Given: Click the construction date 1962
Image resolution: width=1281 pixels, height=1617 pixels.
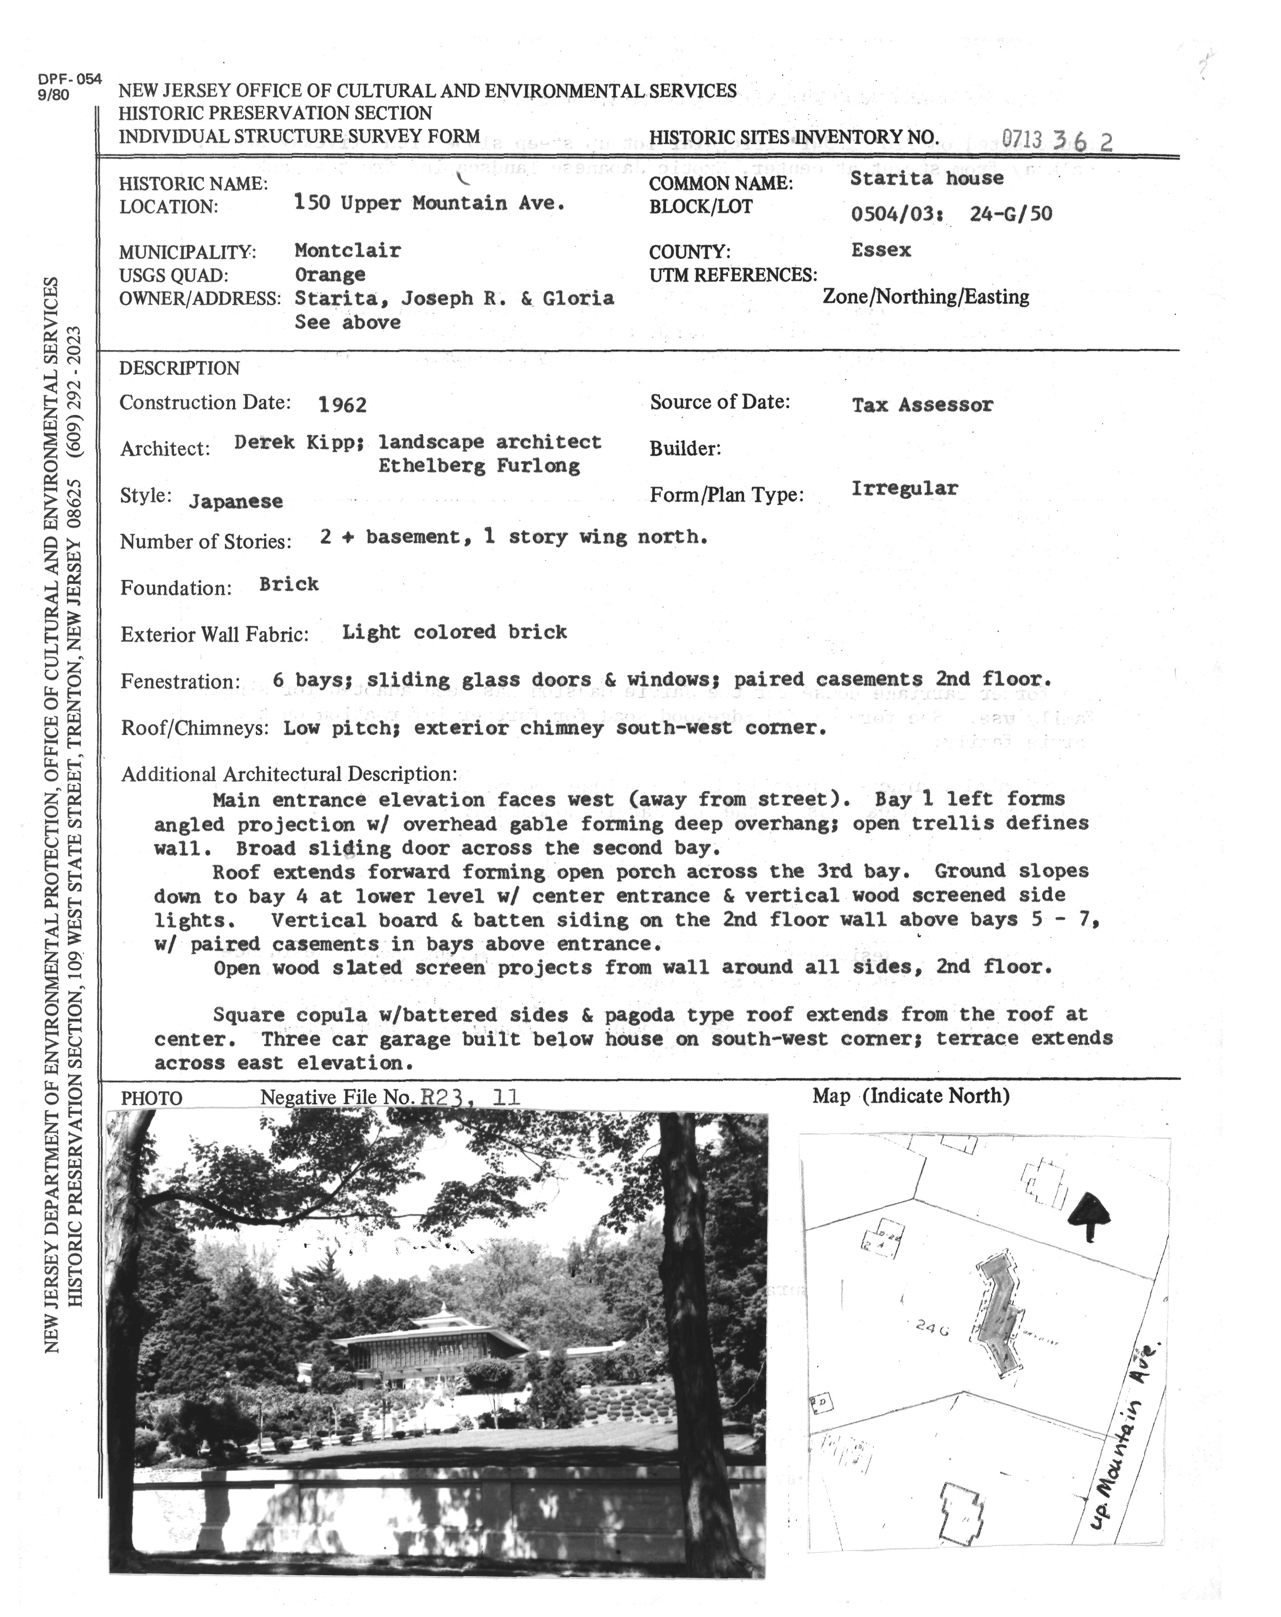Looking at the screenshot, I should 342,406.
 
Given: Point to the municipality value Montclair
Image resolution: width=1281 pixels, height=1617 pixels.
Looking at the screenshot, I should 347,251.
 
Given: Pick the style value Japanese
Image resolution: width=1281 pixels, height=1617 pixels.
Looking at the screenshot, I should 235,502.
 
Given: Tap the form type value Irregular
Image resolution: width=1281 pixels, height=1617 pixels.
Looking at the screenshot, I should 904,489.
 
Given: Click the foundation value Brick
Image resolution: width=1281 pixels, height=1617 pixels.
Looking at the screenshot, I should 289,584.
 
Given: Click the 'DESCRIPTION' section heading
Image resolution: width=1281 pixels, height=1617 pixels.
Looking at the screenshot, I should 179,368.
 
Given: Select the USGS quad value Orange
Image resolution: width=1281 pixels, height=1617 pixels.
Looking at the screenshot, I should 330,274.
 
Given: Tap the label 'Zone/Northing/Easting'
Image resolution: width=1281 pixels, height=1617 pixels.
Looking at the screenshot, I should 926,297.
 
